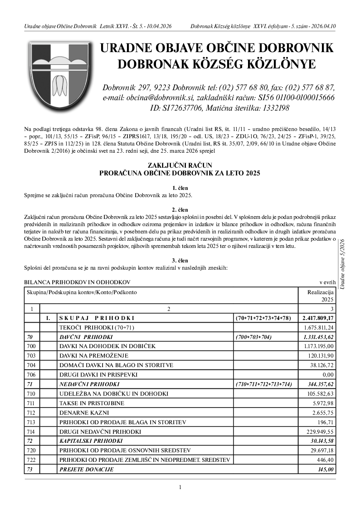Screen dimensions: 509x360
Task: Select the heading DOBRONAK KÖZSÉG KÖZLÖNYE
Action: coord(216,65)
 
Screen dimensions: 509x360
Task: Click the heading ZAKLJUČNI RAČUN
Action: coord(180,165)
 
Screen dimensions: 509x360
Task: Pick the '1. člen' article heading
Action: coord(180,188)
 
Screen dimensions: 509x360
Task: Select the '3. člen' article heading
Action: coord(180,260)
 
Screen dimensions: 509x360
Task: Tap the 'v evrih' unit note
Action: coord(327,282)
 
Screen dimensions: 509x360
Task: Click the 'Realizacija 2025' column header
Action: coord(321,296)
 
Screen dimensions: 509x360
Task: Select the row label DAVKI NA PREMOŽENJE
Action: coord(94,355)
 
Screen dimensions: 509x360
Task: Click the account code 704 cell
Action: coord(32,365)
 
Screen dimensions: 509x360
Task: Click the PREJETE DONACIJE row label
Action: coord(87,469)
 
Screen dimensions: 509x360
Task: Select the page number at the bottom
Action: coord(180,487)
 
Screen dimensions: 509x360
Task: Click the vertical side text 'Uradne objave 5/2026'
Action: coord(343,264)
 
